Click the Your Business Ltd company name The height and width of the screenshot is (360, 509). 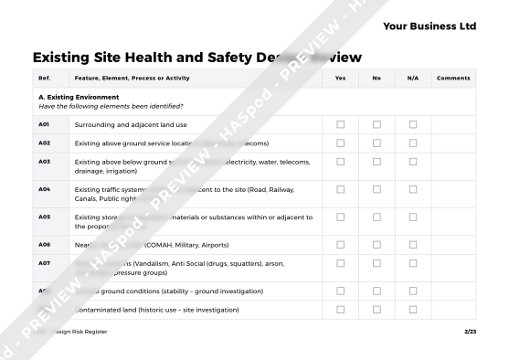pos(429,26)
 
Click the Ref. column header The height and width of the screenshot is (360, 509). pos(44,79)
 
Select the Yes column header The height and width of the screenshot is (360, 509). pos(340,79)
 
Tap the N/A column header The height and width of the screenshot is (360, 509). pos(412,79)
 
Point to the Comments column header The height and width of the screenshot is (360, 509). pos(453,79)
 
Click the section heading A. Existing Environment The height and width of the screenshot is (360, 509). pos(79,96)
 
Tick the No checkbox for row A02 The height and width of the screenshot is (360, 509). pos(376,143)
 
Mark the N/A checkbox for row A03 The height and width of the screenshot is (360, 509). pos(412,162)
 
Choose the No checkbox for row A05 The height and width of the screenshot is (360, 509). pos(376,217)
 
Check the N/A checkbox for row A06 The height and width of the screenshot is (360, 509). pos(412,245)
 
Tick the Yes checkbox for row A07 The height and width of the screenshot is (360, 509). pos(341,263)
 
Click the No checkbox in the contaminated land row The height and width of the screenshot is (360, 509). pos(376,310)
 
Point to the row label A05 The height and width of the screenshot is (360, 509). pos(44,217)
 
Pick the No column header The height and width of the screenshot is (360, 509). pos(376,79)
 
